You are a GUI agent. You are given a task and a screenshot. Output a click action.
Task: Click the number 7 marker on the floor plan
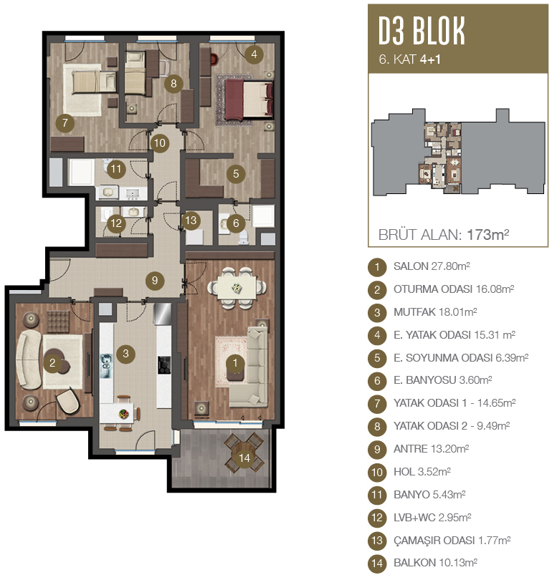click(x=65, y=123)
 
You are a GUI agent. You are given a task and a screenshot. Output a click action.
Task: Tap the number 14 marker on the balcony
click(x=244, y=458)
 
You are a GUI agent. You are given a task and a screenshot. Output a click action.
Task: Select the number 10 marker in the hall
click(x=160, y=143)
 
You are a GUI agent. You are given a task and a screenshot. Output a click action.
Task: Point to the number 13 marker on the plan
click(x=191, y=221)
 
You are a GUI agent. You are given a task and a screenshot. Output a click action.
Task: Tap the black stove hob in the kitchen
click(x=164, y=365)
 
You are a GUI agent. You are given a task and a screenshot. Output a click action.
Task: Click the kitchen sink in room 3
click(x=106, y=366)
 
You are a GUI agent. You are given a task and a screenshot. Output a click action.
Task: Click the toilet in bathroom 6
click(x=244, y=238)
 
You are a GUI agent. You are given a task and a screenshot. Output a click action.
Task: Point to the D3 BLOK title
click(x=422, y=31)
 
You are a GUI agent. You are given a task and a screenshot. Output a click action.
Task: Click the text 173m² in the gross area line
click(x=487, y=234)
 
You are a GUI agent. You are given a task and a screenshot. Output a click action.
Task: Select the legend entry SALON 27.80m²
click(x=432, y=266)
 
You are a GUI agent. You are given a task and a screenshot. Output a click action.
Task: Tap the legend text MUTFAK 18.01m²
click(x=435, y=312)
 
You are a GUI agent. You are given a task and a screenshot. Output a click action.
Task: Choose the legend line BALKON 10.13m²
click(x=435, y=563)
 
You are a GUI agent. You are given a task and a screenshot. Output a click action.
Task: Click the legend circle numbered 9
click(x=377, y=449)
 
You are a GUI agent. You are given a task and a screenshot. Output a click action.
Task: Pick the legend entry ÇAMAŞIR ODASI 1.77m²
click(x=452, y=540)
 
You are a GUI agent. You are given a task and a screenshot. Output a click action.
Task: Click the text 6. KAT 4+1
click(x=409, y=59)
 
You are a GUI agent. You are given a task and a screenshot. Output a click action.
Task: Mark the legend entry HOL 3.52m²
click(x=422, y=472)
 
